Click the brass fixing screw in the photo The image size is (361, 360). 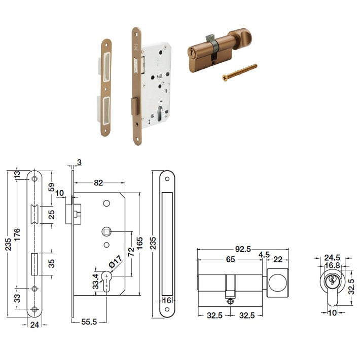click(x=240, y=72)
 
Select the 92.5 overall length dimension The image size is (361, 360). click(x=243, y=249)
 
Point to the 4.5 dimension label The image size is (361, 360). click(x=264, y=255)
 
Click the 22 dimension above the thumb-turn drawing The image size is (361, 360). click(x=278, y=260)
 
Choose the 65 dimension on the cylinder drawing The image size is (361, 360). click(x=230, y=260)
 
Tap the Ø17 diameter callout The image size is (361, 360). click(x=115, y=262)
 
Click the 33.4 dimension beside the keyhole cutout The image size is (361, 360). click(x=95, y=282)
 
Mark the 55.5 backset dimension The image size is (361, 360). click(x=89, y=322)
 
